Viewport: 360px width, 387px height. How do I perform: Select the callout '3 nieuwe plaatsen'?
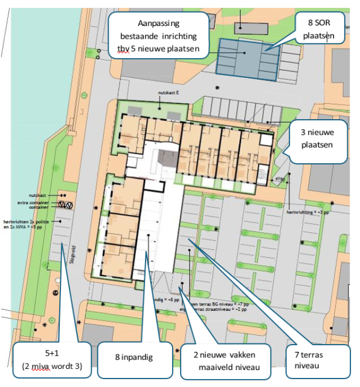(x=317, y=138)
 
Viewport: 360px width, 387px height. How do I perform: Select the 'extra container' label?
(x=31, y=203)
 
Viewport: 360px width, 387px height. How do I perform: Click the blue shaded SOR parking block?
(x=248, y=57)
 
